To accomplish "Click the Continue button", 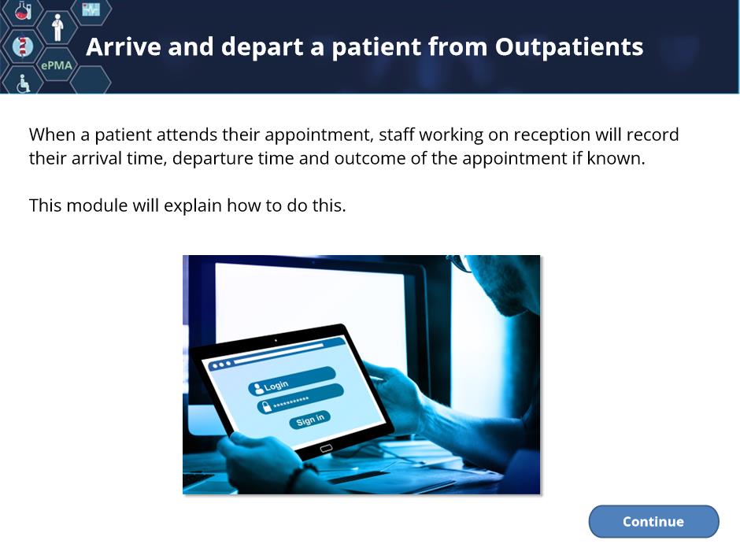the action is (x=653, y=521).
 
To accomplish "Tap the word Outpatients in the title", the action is (x=569, y=46).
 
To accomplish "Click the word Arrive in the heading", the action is (x=124, y=46).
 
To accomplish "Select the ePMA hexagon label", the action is (x=57, y=65).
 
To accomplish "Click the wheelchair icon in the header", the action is (x=23, y=83).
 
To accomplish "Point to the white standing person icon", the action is (x=57, y=28).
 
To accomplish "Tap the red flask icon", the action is (x=22, y=10).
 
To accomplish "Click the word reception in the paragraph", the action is (x=552, y=135).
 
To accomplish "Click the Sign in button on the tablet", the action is (x=309, y=419).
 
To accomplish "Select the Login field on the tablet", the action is (x=292, y=380).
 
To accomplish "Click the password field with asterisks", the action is (x=300, y=399).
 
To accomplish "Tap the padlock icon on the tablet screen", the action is (x=267, y=406).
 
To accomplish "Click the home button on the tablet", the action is (x=326, y=449).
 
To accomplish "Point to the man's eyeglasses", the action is (x=461, y=263).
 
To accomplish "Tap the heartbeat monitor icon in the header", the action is (x=91, y=9).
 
